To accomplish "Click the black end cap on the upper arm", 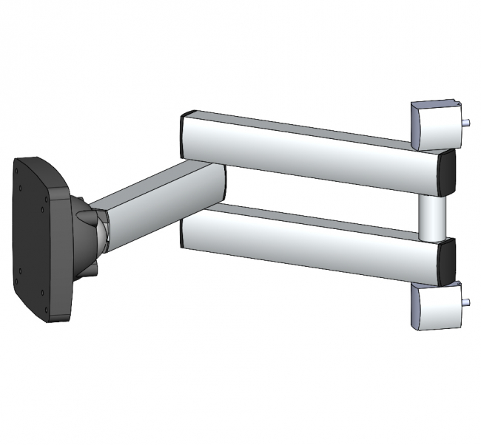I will tap(446, 173).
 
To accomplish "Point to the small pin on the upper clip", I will tap(468, 123).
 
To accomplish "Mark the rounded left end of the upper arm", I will tap(186, 135).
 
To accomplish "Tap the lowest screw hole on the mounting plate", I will tap(45, 310).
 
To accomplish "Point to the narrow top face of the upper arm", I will tap(296, 124).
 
